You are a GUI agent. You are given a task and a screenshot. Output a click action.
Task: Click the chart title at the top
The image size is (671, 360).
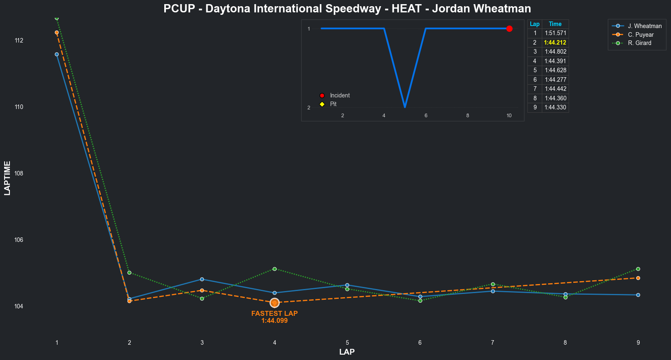coord(347,9)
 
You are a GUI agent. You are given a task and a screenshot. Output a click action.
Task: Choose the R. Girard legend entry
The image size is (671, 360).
coord(640,43)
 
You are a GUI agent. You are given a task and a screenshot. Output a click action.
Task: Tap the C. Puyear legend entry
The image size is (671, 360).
coord(640,35)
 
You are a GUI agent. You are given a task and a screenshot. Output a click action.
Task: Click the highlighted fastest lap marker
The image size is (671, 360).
coord(274,303)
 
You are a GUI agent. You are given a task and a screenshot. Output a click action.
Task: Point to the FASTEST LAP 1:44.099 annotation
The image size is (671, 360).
coord(274,317)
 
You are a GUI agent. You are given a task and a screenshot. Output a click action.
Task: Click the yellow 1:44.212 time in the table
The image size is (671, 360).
coord(555,43)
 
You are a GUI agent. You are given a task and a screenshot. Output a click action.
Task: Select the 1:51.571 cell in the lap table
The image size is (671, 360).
coord(555,33)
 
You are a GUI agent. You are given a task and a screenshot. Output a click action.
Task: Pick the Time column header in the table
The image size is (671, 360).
coord(555,24)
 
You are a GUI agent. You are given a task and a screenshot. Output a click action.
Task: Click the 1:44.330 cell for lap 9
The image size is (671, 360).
coord(555,107)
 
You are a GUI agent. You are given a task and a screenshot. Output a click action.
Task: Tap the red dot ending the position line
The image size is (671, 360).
coord(509,28)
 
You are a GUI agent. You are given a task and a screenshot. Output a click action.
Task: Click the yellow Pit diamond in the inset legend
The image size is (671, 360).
coord(322,104)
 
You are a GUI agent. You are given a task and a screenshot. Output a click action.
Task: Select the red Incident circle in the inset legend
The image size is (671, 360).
coord(322,95)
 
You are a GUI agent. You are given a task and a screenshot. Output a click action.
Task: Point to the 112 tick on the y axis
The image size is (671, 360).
coord(19,40)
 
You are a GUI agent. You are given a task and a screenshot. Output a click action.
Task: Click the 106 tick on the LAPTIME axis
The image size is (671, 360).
coord(19,240)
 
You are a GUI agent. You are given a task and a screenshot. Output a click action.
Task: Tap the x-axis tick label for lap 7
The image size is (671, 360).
coord(493,343)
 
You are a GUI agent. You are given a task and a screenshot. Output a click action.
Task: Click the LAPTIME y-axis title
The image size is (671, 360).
coord(7,178)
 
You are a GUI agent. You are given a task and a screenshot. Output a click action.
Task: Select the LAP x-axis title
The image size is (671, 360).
coord(347,352)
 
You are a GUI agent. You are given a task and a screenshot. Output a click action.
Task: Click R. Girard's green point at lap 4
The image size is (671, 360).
coord(274,269)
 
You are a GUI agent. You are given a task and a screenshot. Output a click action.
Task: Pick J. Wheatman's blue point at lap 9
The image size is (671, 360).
coord(638,295)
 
